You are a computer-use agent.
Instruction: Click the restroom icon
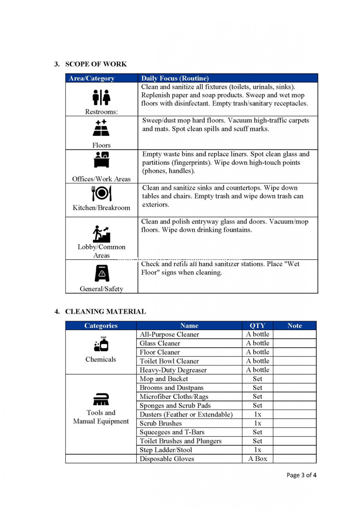point(101,97)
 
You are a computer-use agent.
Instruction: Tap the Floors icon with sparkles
point(101,128)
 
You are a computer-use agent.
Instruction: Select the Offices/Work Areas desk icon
point(101,160)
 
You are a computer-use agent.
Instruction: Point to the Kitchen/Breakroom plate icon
point(101,193)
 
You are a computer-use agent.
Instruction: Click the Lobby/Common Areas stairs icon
point(101,234)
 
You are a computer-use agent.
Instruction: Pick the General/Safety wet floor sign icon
point(102,273)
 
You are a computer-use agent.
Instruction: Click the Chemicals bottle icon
point(101,344)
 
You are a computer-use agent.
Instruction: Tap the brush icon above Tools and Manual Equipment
point(101,399)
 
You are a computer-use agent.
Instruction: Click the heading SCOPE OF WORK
point(96,64)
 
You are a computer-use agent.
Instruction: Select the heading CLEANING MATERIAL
point(105,312)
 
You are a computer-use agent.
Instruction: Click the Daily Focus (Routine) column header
point(175,78)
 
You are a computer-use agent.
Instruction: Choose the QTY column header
point(257,326)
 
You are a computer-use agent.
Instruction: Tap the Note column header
point(295,326)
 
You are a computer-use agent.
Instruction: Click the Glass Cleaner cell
point(160,343)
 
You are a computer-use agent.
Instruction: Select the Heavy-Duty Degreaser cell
point(173,370)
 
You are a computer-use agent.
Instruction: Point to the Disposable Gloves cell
point(167,459)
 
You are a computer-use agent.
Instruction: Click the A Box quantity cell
point(258,459)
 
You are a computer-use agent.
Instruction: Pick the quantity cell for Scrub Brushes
point(258,423)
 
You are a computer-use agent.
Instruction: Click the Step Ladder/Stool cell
point(166,450)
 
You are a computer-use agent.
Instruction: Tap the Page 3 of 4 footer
point(301,475)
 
